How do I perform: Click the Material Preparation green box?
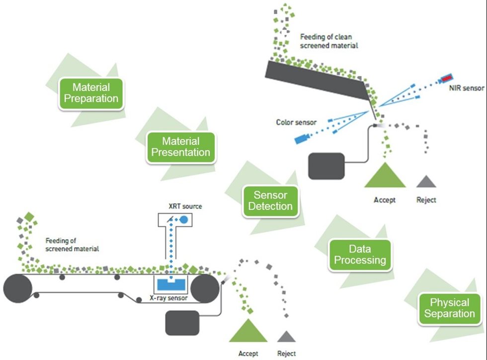click(x=91, y=92)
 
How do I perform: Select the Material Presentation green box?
click(x=181, y=147)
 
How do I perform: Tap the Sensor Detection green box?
click(x=271, y=201)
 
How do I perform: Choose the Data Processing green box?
click(x=360, y=255)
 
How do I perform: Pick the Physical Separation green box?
click(x=449, y=308)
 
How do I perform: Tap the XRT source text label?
click(x=185, y=206)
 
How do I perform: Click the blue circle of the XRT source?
click(x=183, y=219)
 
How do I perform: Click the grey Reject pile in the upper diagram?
click(x=426, y=181)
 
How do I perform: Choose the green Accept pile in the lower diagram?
click(x=248, y=330)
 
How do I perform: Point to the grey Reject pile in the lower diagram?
click(x=286, y=336)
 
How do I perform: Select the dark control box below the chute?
click(x=326, y=166)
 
